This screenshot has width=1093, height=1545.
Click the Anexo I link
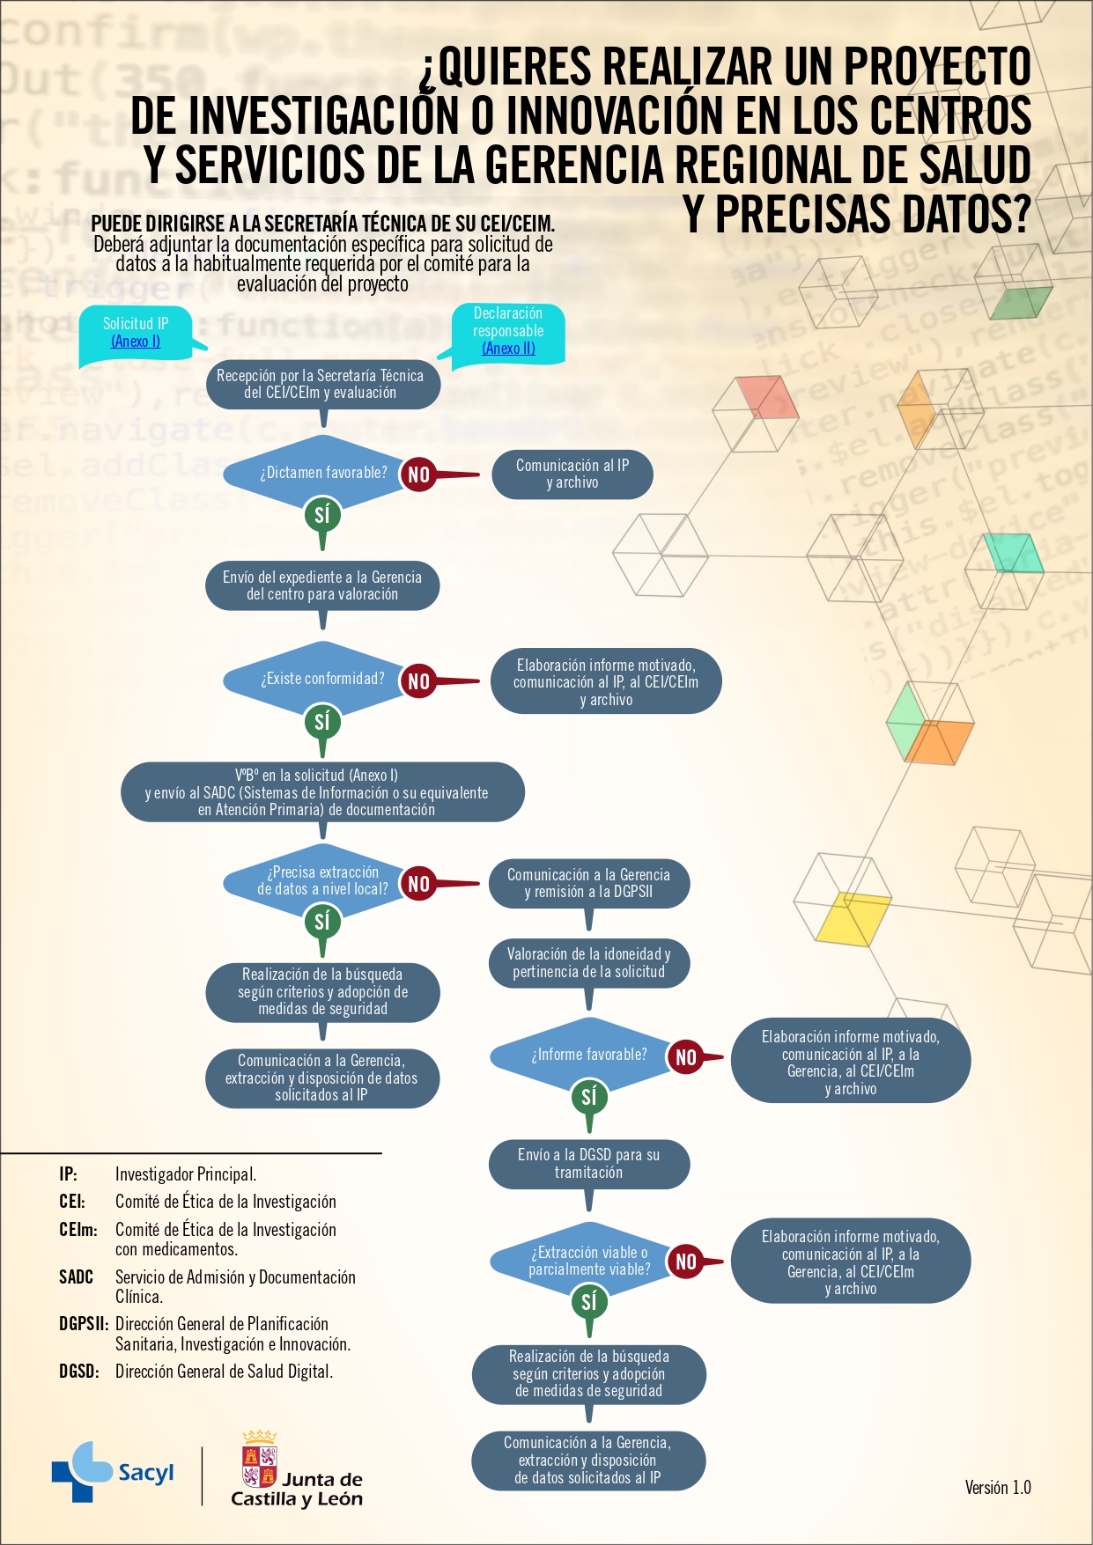point(136,342)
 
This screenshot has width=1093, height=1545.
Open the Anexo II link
point(508,349)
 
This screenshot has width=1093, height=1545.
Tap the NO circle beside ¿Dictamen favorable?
point(419,475)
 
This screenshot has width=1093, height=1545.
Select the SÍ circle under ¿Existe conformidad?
point(322,722)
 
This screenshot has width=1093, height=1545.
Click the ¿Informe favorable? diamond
point(588,1055)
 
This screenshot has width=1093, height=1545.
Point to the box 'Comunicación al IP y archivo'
point(572,475)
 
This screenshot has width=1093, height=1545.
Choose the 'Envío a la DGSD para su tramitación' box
point(588,1164)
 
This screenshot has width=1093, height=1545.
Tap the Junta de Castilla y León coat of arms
point(260,1459)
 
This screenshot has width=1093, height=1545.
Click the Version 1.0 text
point(998,1488)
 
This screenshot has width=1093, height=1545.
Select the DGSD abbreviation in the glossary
point(78,1372)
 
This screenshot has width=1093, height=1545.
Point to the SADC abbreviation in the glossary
point(76,1277)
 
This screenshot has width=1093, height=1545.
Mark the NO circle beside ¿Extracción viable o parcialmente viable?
point(686,1262)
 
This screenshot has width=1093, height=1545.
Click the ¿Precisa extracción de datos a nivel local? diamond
point(322,881)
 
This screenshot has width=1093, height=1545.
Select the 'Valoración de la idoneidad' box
point(588,963)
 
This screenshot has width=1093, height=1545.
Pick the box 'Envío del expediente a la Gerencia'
point(322,586)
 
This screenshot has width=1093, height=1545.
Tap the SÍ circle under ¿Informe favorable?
point(589,1096)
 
